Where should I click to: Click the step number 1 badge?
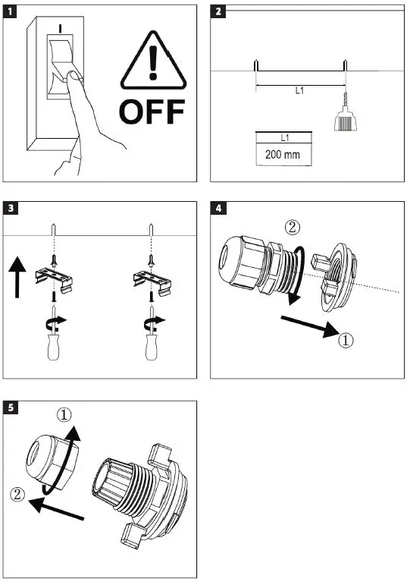[x=9, y=11]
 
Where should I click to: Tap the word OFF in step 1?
[x=152, y=112]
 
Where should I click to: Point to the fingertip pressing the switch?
[x=74, y=76]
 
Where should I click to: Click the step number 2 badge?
[x=218, y=11]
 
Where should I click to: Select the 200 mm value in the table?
[x=283, y=154]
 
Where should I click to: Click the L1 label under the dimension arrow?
[x=299, y=90]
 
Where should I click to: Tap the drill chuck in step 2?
[x=343, y=119]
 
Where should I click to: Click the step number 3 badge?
[x=10, y=208]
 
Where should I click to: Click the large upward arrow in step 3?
[x=17, y=278]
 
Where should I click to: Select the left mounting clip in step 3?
[x=54, y=281]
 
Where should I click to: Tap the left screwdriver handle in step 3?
[x=53, y=347]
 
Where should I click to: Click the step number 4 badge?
[x=218, y=208]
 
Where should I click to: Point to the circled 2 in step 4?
[x=292, y=227]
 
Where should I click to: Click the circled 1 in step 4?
[x=346, y=340]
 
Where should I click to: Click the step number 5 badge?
[x=10, y=407]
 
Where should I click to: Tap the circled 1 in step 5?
[x=64, y=414]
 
